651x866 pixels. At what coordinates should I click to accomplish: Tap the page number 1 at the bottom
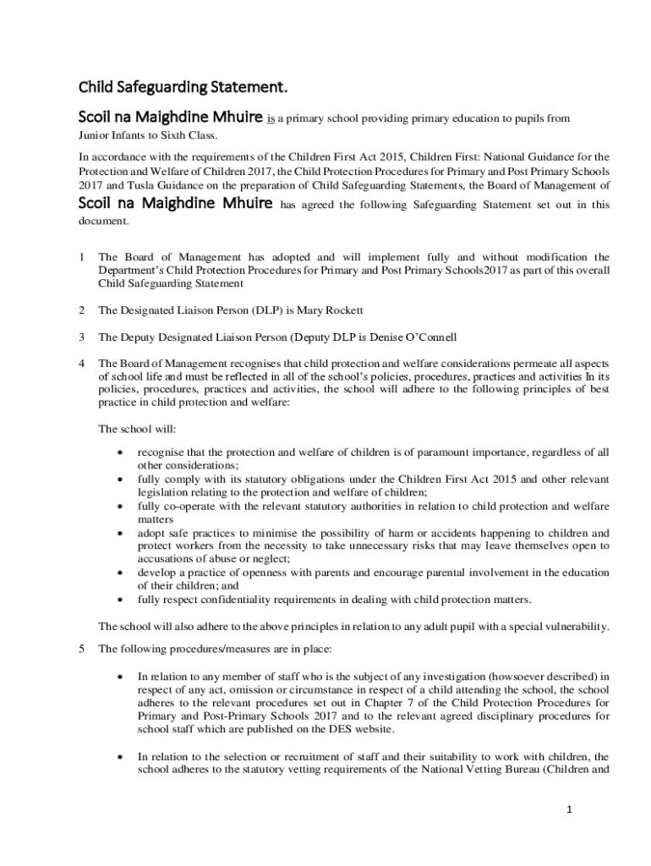(x=570, y=809)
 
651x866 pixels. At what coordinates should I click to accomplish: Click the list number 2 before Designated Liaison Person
(x=81, y=310)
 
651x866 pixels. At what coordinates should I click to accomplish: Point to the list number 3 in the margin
(x=81, y=337)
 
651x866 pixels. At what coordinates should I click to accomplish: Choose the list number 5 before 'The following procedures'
(x=81, y=649)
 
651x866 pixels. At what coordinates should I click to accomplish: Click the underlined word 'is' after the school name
(x=272, y=119)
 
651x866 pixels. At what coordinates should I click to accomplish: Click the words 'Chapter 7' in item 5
(x=358, y=702)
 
